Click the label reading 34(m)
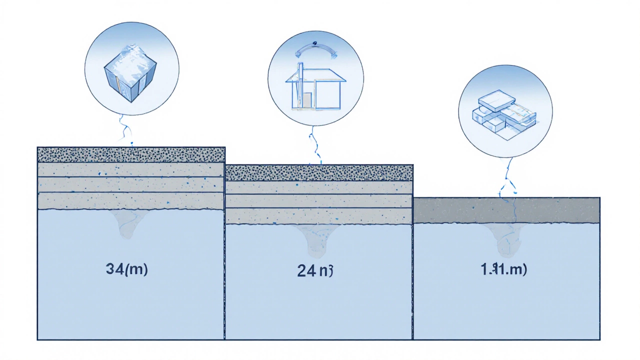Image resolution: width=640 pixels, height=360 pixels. [127, 269]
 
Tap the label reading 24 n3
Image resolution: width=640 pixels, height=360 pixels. [314, 270]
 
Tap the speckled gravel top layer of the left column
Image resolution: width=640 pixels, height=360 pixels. [131, 154]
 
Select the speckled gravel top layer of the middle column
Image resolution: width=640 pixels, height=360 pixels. [319, 172]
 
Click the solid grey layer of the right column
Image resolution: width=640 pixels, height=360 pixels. [507, 210]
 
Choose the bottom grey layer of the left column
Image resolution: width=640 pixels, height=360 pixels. [131, 201]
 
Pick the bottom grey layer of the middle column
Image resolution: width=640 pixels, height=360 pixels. [319, 216]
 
